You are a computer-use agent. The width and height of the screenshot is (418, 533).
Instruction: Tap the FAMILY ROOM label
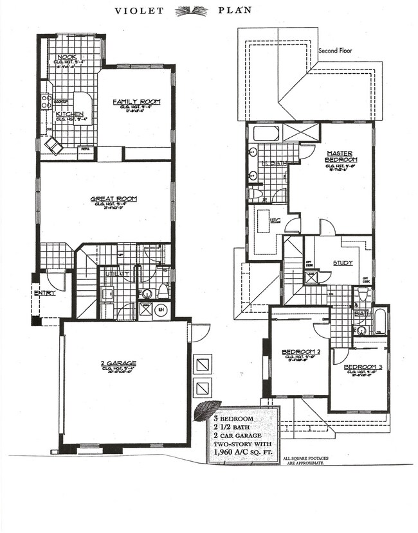(136, 102)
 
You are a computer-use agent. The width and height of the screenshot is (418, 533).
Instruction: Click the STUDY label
(342, 263)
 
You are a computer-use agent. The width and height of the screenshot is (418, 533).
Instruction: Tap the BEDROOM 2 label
(301, 351)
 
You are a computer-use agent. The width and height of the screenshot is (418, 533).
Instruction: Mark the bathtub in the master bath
(265, 134)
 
